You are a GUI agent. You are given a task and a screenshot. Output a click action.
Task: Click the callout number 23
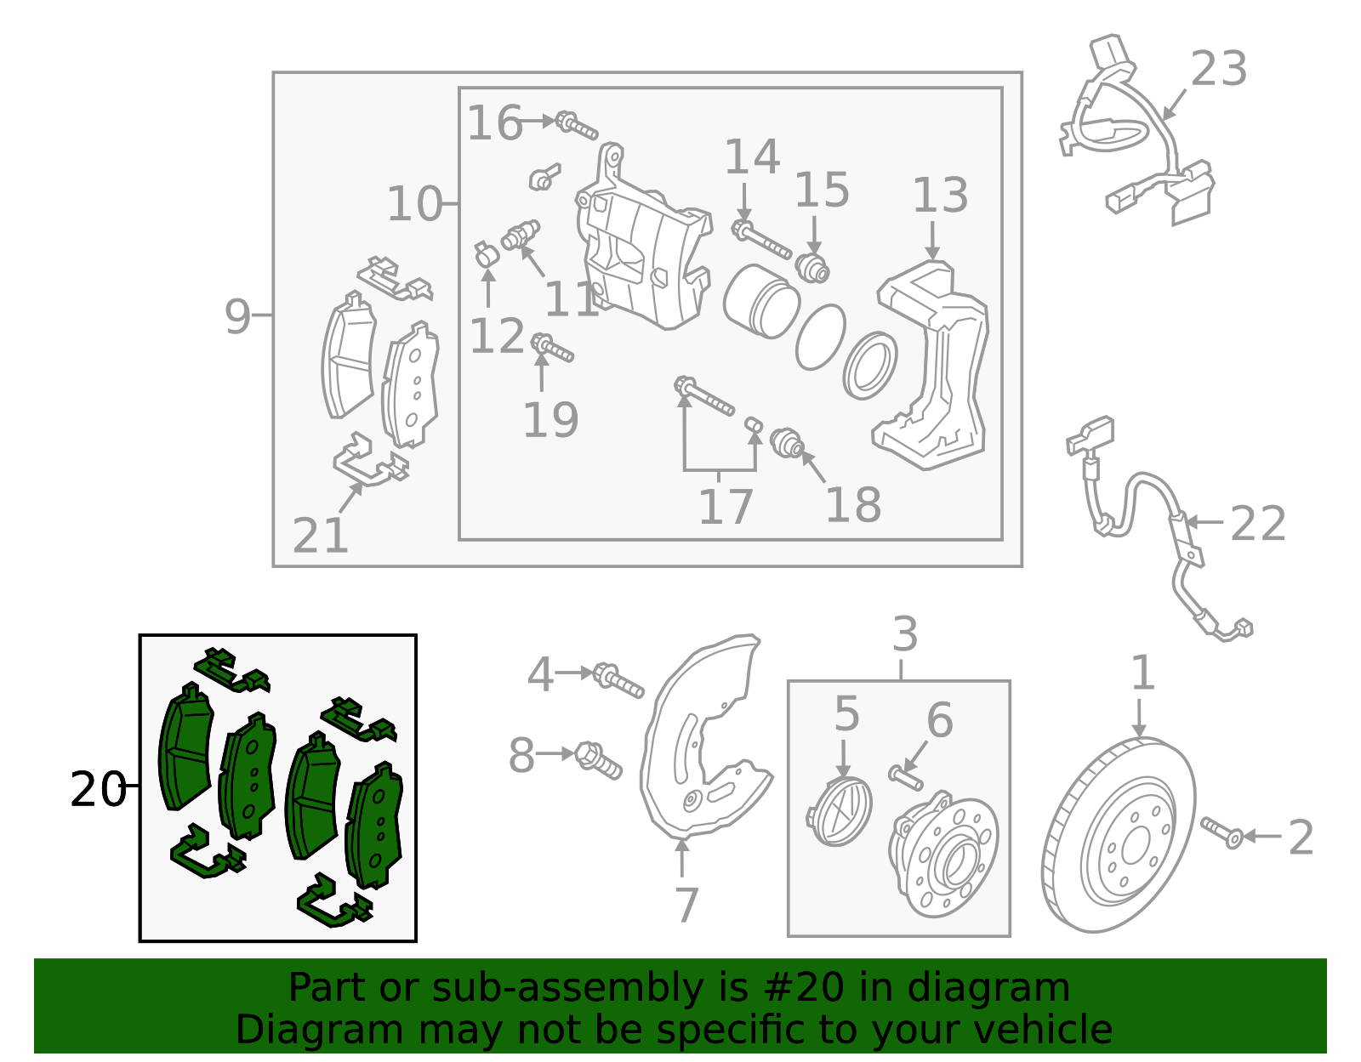1218,68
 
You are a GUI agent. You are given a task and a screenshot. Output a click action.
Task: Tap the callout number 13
940,195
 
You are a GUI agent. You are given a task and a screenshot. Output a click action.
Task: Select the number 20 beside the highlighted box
99,789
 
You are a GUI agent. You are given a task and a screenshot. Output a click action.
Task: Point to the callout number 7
687,905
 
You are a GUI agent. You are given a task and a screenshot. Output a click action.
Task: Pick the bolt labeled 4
618,679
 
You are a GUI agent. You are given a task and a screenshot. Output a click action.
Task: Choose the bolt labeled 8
598,760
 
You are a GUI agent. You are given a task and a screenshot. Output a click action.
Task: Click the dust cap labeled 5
839,812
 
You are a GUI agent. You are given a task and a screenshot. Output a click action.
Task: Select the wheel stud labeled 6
906,777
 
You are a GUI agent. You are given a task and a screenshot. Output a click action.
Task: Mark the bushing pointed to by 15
812,268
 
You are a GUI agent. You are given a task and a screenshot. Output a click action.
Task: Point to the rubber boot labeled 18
787,443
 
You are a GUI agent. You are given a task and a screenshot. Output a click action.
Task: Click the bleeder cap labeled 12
486,254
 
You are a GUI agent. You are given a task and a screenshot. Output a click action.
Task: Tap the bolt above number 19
552,348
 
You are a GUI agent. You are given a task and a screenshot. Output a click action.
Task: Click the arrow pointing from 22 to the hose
1204,521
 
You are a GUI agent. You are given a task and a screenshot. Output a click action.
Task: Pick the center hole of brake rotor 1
1135,848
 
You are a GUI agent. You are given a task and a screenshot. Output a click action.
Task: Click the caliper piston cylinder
760,300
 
